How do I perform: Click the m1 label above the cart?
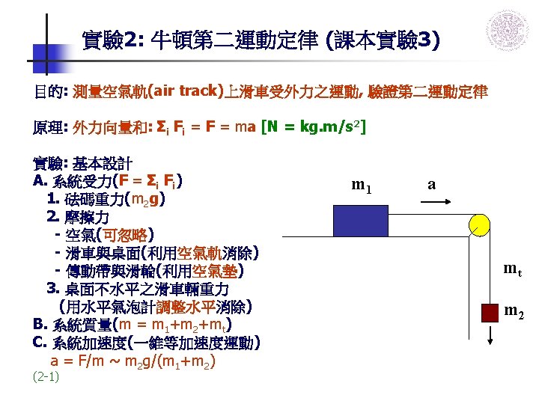pyautogui.click(x=362, y=185)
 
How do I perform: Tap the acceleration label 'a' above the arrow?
pyautogui.click(x=432, y=184)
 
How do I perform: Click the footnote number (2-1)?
pyautogui.click(x=46, y=376)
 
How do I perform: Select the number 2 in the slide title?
pyautogui.click(x=129, y=37)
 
